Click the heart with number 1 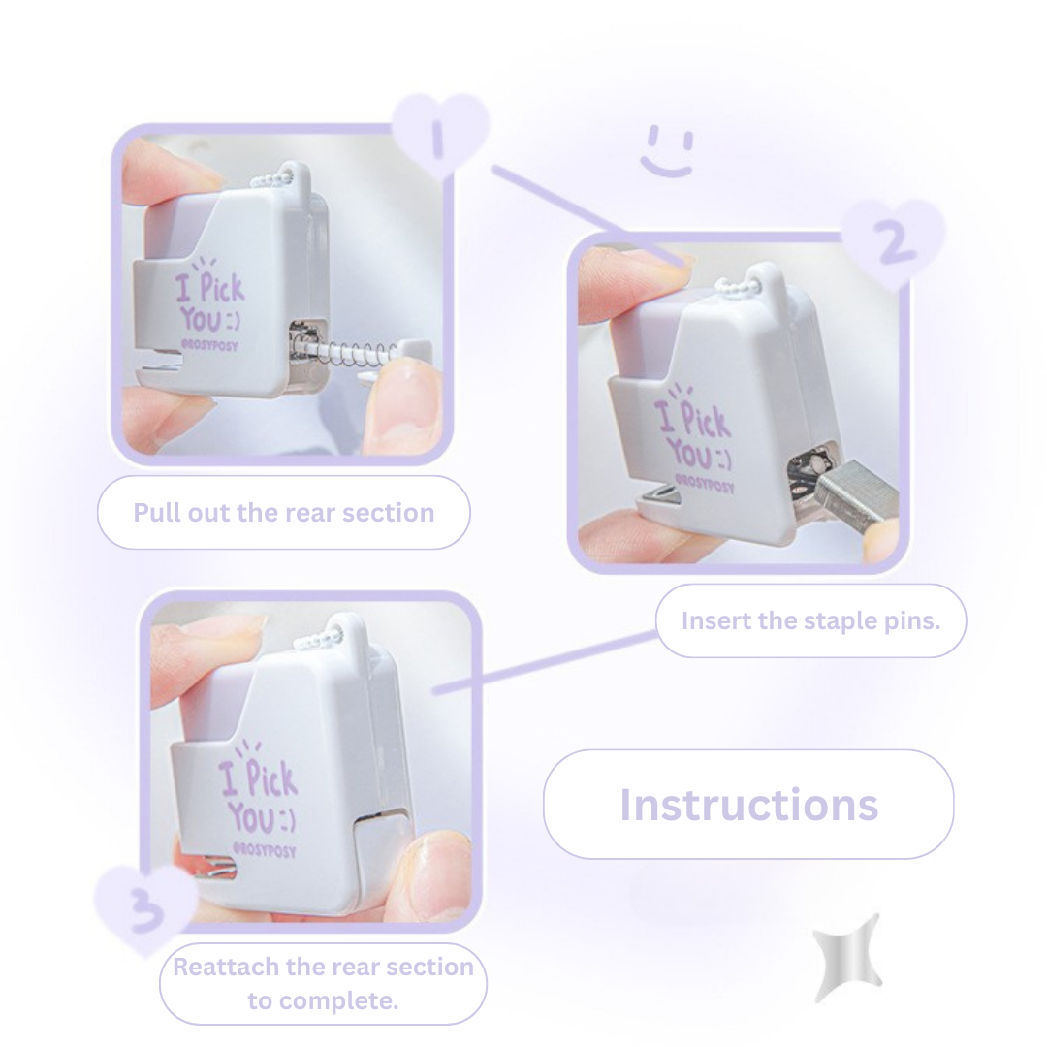439,134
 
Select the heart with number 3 145,907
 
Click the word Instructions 748,805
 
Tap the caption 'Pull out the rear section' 283,512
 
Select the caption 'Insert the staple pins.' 810,620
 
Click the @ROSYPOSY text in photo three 264,851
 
